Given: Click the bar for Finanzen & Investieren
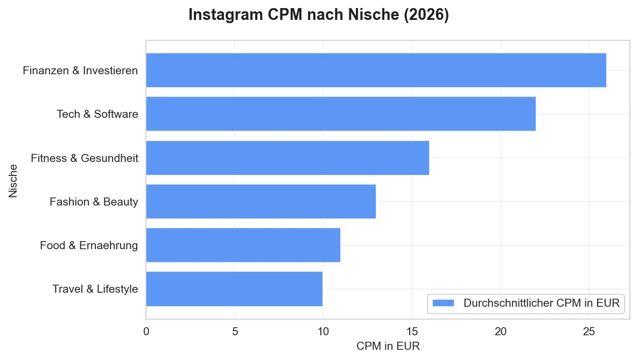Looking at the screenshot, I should coord(376,70).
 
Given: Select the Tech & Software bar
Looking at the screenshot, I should coord(341,114).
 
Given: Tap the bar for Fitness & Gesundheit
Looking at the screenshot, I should coord(288,158).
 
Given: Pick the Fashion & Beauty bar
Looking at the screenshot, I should coord(261,201).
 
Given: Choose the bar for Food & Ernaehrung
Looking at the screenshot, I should coord(243,245).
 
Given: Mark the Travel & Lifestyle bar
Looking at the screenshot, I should coord(234,289).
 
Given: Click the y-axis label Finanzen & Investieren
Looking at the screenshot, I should coord(80,70).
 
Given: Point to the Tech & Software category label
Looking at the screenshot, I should coord(97,114).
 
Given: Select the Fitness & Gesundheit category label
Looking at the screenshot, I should coord(85,158).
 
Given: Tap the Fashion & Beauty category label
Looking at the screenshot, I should coord(94,202).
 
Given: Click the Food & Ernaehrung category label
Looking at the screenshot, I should coord(89,245).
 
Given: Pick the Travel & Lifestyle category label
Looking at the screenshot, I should coord(95,289).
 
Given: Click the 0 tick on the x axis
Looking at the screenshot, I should coord(146,331).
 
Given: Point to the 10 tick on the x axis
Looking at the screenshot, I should coord(323,331).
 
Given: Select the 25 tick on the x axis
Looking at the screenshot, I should coord(589,331).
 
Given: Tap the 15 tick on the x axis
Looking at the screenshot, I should coord(412,331).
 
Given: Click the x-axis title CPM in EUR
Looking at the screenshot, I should coord(388,346).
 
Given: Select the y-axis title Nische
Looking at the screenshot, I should coord(13,180).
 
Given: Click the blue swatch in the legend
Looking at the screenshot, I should coord(444,303).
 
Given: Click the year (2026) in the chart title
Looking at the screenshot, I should coord(428,15).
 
